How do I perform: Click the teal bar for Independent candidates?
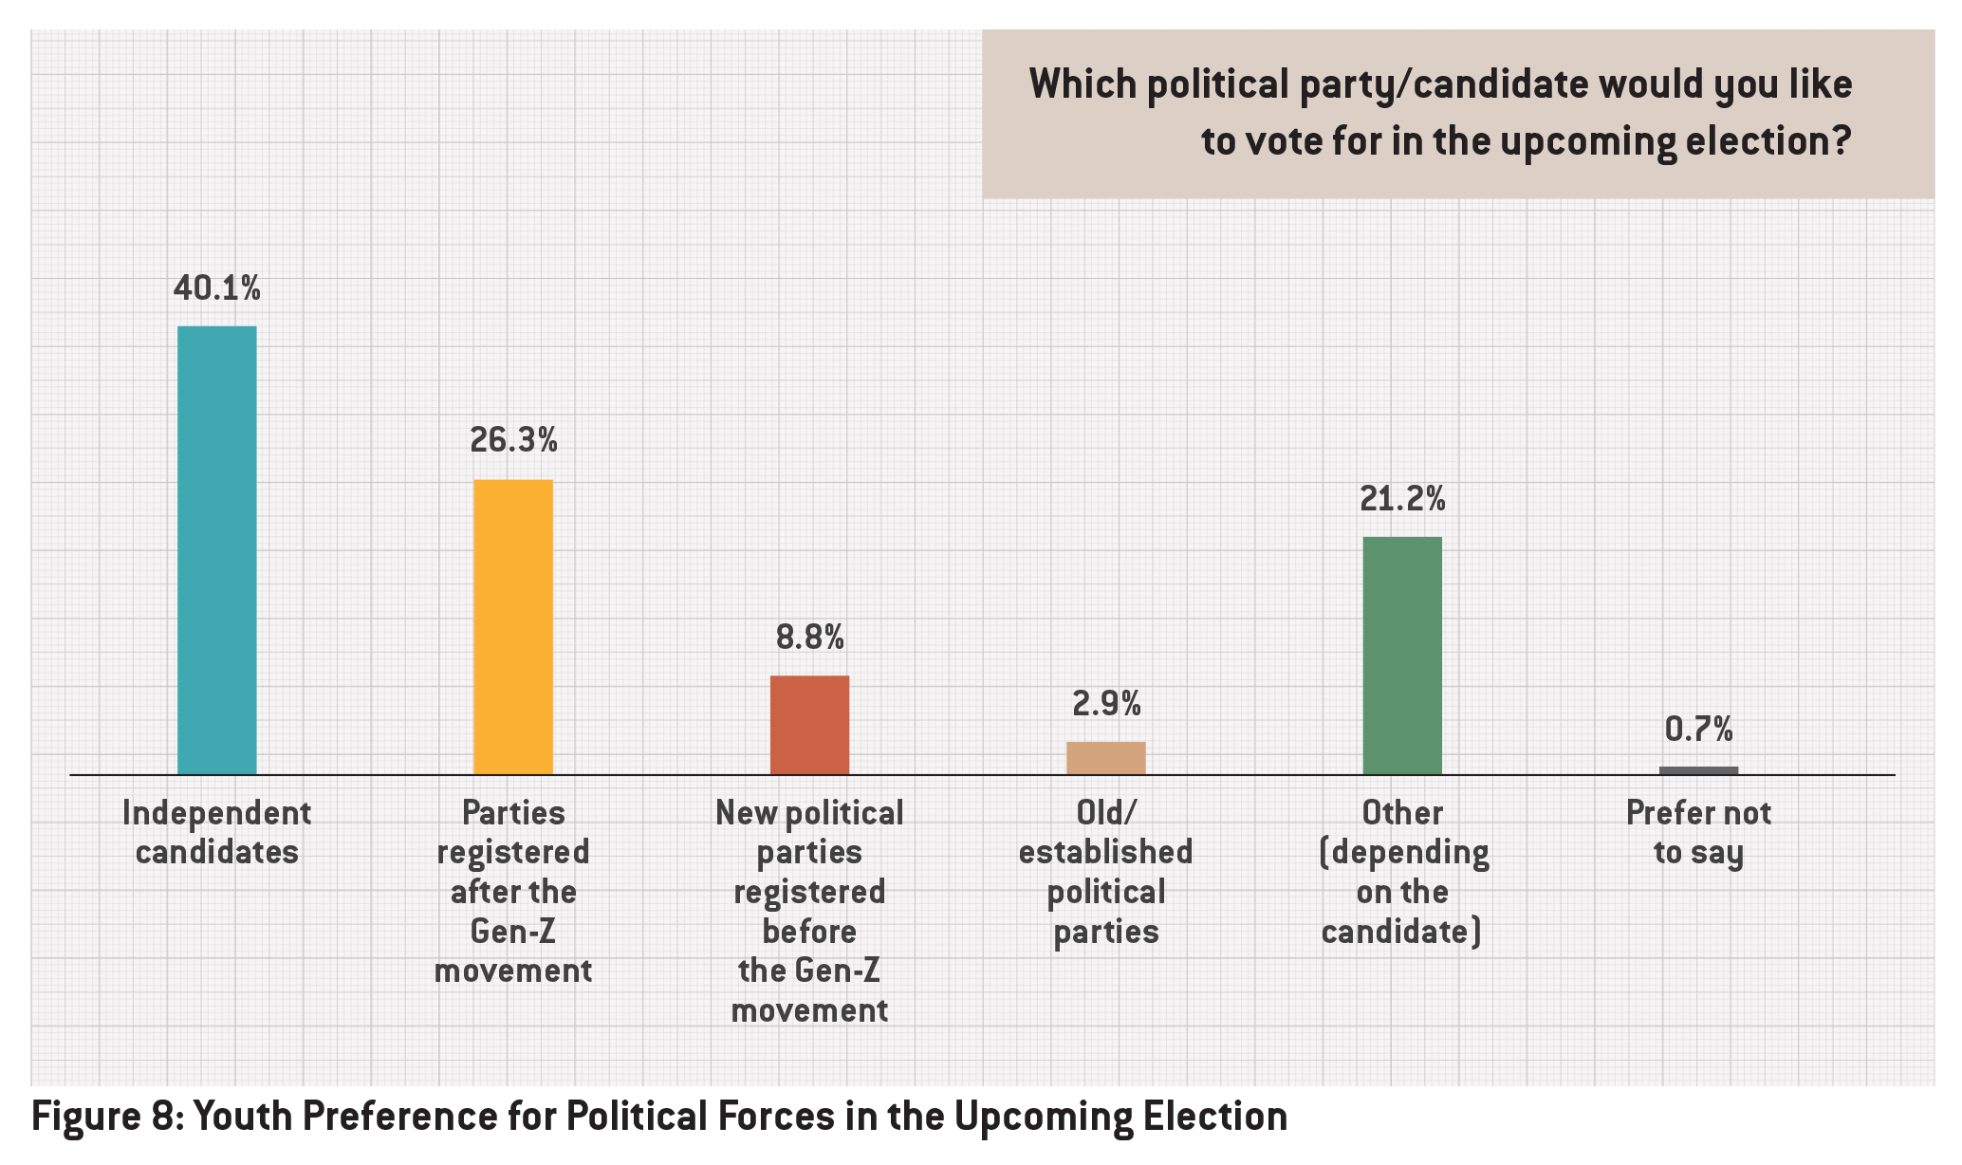217,550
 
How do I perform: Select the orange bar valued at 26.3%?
513,626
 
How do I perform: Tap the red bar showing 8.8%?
809,725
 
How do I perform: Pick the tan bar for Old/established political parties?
1105,758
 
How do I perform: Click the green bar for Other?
1402,656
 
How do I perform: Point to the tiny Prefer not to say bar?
1698,770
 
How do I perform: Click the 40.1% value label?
217,288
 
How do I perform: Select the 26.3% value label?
513,441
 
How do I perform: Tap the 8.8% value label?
809,638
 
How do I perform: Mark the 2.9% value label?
1106,704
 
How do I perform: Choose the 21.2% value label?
1402,499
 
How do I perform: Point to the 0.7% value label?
1698,730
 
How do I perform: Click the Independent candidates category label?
217,832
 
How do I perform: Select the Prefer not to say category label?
1698,832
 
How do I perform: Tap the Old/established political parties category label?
1105,872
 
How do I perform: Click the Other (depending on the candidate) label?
1402,872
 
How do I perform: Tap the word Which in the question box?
1083,85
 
